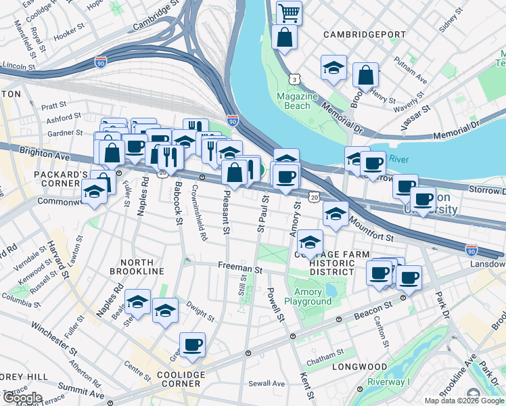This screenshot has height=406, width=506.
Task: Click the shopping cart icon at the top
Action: (x=289, y=12)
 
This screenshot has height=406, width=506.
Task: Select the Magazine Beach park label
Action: (x=297, y=101)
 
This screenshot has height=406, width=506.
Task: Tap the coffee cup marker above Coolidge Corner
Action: (x=192, y=344)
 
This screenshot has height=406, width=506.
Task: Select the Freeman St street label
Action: (x=239, y=269)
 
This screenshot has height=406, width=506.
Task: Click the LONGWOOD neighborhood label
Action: (x=360, y=367)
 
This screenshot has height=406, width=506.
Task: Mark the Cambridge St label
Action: (x=156, y=15)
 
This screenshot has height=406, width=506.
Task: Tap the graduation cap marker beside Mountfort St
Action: (x=335, y=215)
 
